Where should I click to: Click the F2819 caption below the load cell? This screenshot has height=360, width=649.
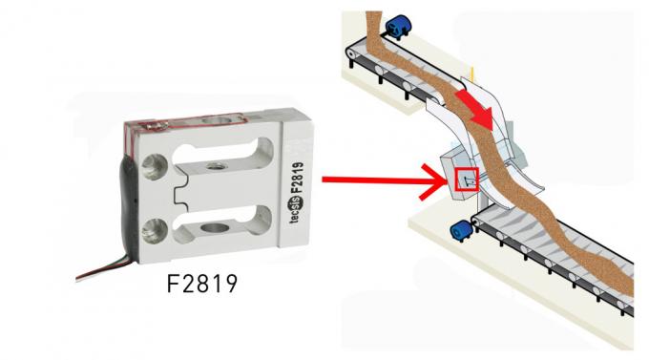[x=202, y=284]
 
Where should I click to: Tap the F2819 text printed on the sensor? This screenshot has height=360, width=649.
[x=297, y=178]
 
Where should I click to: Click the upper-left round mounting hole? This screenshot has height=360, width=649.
[x=155, y=166]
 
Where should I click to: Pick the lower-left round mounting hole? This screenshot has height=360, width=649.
[x=155, y=231]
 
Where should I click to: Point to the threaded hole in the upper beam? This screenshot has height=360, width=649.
[x=216, y=166]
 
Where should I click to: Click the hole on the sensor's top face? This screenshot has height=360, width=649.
[x=216, y=120]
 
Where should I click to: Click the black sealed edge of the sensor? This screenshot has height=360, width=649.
[x=128, y=207]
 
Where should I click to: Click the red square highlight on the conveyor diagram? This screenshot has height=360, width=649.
[x=467, y=180]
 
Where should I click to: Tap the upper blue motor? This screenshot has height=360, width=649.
[x=398, y=27]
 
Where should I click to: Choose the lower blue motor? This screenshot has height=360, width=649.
[x=462, y=231]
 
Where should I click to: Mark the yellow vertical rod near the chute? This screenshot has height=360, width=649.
[x=472, y=74]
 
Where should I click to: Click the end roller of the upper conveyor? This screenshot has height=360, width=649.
[x=352, y=53]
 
